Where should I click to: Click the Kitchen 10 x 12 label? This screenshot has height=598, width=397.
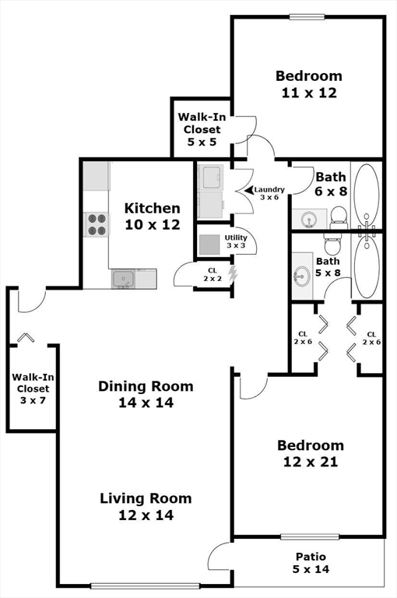point(153,216)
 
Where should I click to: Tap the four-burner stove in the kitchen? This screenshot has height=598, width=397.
point(97,224)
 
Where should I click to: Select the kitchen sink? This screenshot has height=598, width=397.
point(123,279)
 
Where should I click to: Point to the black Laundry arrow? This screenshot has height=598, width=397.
point(249,189)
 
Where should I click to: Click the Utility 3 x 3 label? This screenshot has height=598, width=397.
point(236,241)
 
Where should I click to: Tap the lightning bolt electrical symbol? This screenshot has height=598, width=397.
point(232,274)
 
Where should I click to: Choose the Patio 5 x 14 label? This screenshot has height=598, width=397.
point(311,563)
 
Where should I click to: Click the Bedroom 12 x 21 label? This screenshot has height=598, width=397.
point(311,453)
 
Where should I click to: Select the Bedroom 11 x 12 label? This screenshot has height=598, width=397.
point(309,84)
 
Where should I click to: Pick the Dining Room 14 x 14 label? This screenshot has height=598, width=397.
point(146,394)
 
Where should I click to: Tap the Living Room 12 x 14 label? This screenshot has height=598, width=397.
point(146,507)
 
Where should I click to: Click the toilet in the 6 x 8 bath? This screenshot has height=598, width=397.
point(339,217)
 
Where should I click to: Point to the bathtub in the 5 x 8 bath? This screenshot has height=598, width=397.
point(367,266)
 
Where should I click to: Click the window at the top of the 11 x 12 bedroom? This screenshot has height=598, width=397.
point(307,17)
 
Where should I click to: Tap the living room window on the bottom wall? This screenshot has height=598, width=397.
point(145,586)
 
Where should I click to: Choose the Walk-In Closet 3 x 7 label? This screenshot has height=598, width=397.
point(33,389)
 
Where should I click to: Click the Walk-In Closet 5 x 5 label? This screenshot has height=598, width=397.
point(202,129)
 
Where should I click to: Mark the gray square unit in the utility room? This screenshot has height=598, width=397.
point(209,244)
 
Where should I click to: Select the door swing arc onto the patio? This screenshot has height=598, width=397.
point(215,549)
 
